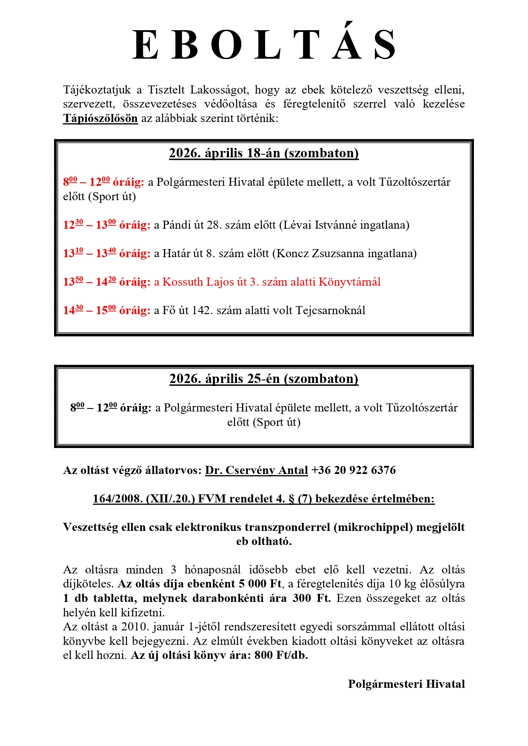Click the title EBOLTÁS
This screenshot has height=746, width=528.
264,45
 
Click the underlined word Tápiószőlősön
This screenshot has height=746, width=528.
100,118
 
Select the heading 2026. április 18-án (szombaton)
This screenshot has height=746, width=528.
264,153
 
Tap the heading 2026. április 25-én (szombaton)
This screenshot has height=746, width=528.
264,379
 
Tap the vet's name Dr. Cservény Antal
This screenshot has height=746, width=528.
257,470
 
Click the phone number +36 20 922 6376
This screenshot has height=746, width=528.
354,470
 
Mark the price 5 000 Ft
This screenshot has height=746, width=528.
260,584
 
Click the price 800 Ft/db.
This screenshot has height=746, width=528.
281,655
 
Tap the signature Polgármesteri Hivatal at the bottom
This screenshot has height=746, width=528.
406,684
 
